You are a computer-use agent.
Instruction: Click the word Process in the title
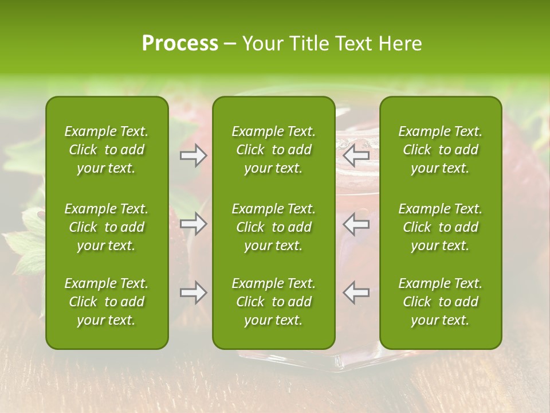pyautogui.click(x=180, y=44)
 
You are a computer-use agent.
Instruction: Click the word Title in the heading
pyautogui.click(x=309, y=44)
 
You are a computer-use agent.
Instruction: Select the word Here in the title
pyautogui.click(x=400, y=44)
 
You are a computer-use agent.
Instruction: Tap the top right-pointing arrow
pyautogui.click(x=193, y=155)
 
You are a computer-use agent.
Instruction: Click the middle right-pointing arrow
pyautogui.click(x=193, y=224)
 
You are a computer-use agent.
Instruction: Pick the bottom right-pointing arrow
pyautogui.click(x=193, y=293)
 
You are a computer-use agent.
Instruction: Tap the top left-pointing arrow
pyautogui.click(x=356, y=155)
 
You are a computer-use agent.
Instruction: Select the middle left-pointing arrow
pyautogui.click(x=356, y=224)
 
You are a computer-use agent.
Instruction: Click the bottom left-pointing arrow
pyautogui.click(x=356, y=293)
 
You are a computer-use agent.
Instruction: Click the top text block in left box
pyautogui.click(x=107, y=150)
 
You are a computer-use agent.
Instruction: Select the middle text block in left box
pyautogui.click(x=107, y=227)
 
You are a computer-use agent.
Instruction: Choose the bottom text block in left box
pyautogui.click(x=107, y=302)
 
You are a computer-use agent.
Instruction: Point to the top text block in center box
pyautogui.click(x=274, y=150)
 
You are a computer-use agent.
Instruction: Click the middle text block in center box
pyautogui.click(x=274, y=227)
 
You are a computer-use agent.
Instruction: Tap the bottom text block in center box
pyautogui.click(x=274, y=302)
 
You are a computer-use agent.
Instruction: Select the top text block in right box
pyautogui.click(x=441, y=150)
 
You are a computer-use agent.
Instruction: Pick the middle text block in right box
pyautogui.click(x=441, y=227)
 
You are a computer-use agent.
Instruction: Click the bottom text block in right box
pyautogui.click(x=441, y=302)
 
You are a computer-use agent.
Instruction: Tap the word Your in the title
pyautogui.click(x=262, y=44)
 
